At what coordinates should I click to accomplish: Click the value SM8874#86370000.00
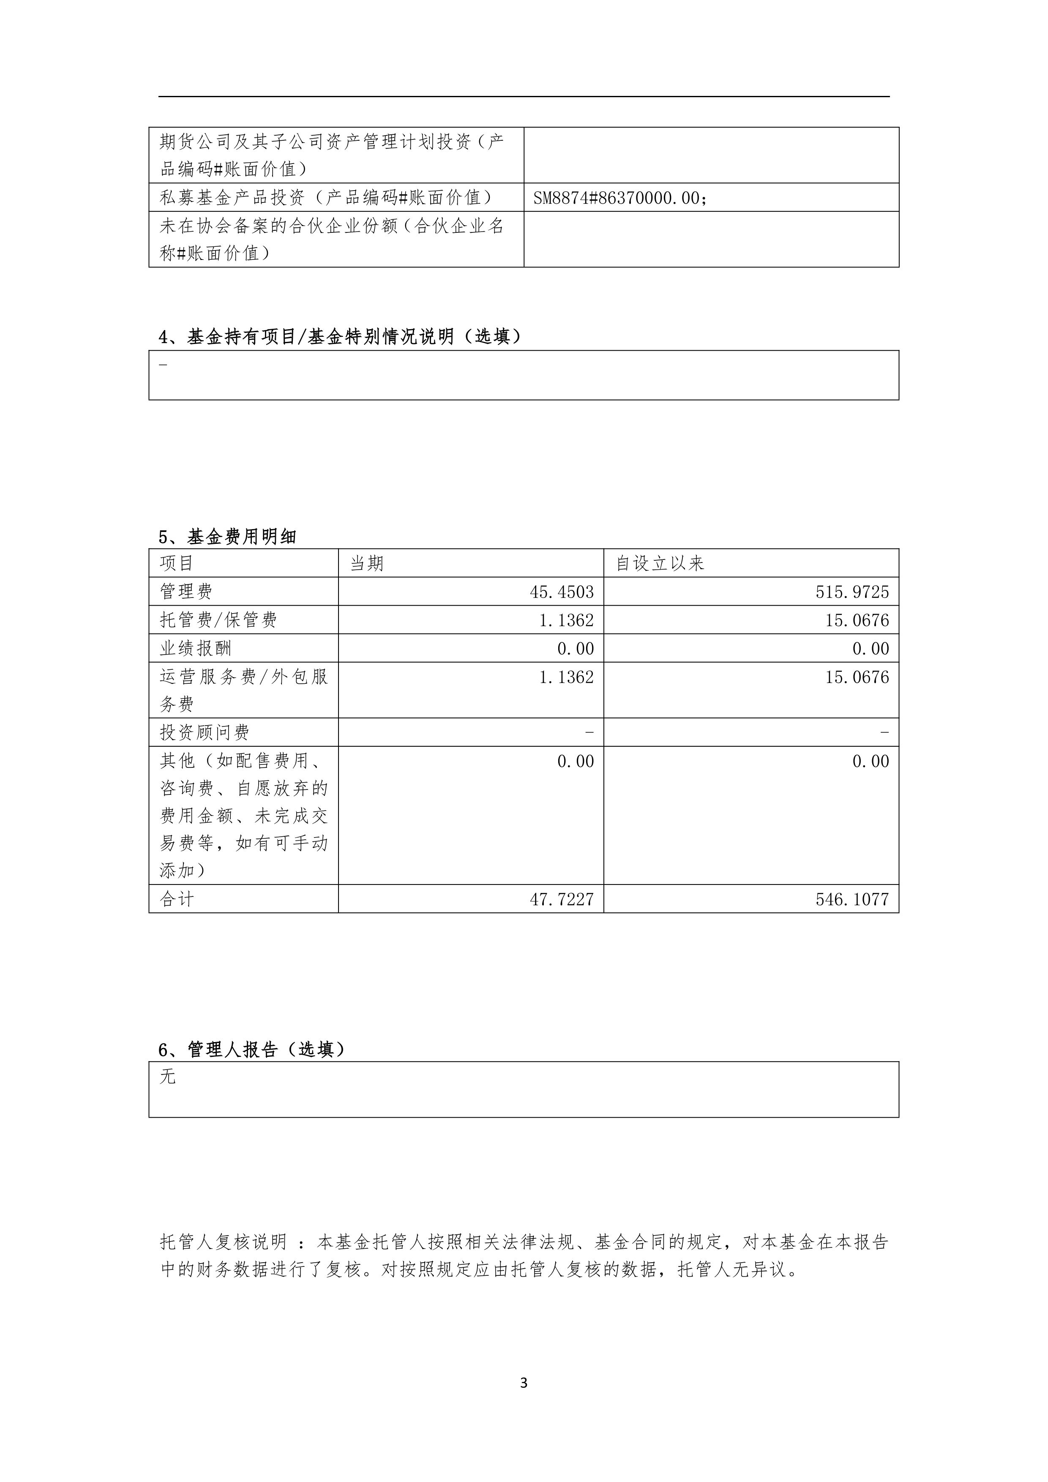click(620, 198)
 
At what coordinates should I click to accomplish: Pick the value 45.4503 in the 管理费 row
click(562, 592)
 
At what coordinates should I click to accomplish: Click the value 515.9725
click(852, 592)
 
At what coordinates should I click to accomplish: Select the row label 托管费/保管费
click(218, 620)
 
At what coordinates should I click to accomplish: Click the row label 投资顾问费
click(204, 733)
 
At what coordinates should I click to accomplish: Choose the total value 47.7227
click(562, 899)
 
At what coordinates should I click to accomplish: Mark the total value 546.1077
click(852, 899)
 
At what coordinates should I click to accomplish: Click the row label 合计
click(176, 899)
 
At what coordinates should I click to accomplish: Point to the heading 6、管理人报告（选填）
click(252, 1050)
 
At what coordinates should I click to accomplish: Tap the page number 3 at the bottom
click(523, 1383)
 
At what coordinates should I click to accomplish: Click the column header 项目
click(176, 563)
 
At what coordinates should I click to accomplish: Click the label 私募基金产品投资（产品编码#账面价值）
click(326, 197)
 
